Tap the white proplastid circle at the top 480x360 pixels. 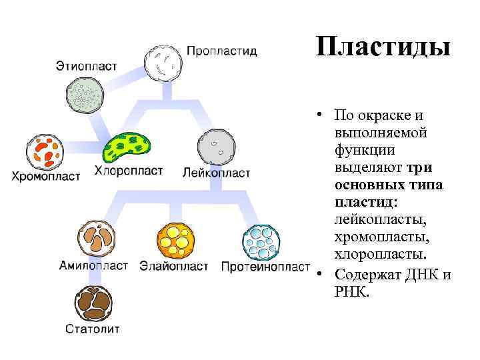163,63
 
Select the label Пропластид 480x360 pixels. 222,51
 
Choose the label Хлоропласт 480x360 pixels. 129,171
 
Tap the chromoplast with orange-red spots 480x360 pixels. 44,153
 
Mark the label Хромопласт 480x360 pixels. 45,177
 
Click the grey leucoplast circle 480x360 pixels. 217,146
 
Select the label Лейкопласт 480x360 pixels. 217,173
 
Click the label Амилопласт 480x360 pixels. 94,265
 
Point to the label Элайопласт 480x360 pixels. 174,265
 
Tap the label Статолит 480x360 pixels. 93,328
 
